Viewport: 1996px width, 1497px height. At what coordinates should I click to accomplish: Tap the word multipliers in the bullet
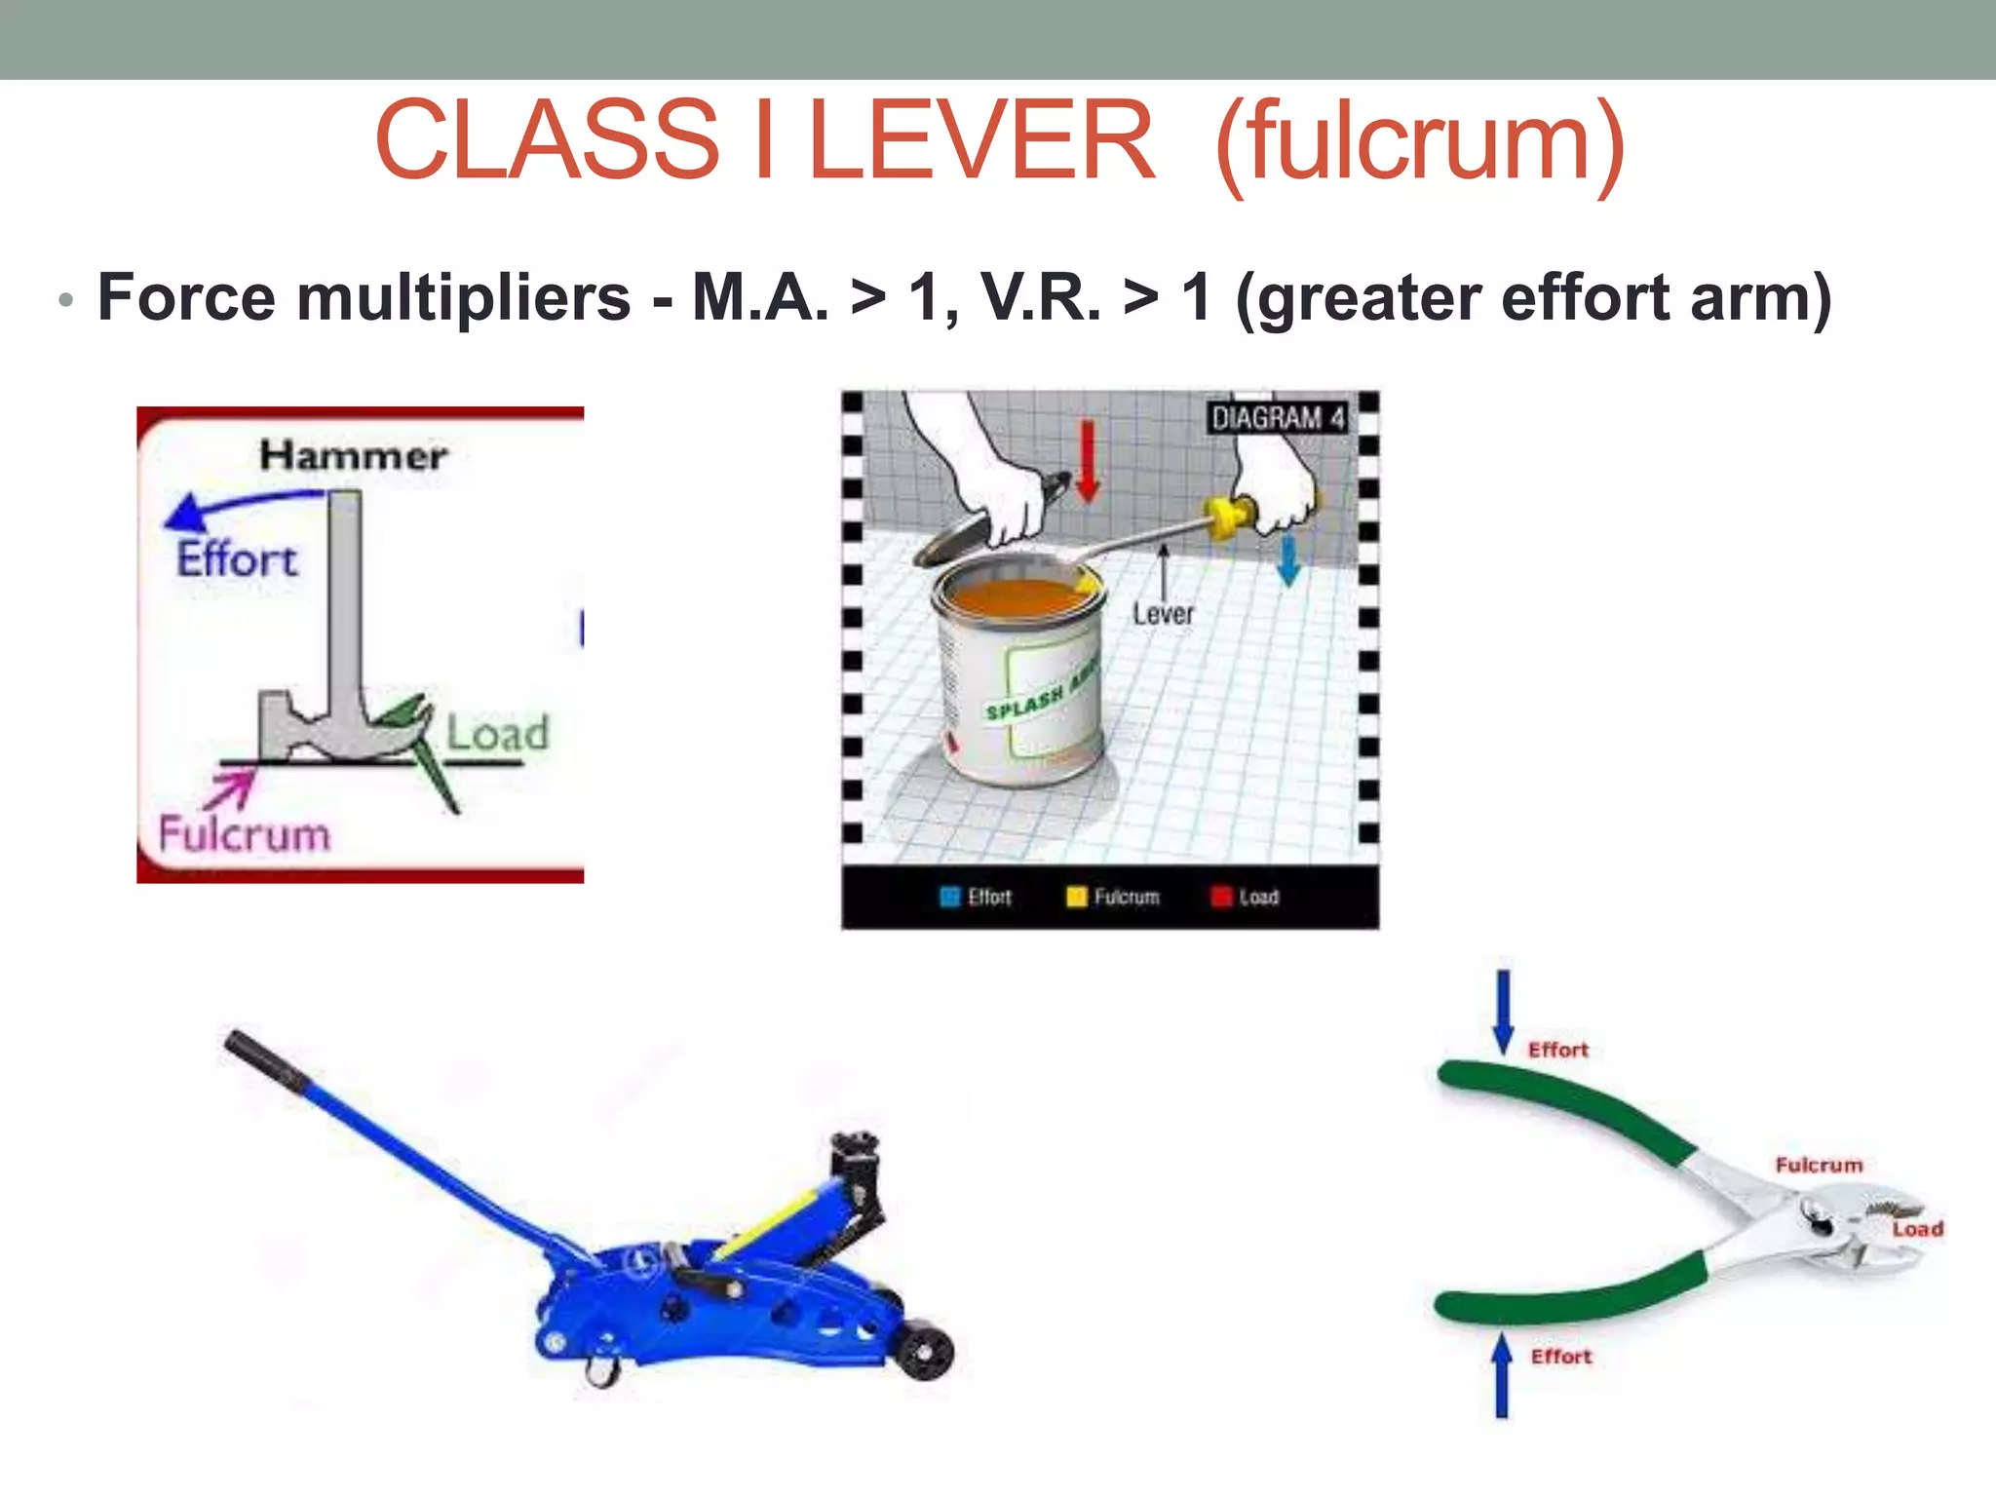coord(464,297)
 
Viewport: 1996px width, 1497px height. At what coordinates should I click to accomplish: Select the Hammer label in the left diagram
coord(353,455)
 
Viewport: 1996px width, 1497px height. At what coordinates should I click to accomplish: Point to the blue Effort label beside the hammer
coord(237,559)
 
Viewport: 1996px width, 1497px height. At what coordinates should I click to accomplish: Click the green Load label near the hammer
coord(497,733)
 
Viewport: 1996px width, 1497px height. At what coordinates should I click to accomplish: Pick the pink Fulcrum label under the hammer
coord(245,835)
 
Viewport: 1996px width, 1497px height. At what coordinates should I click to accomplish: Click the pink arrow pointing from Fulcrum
coord(230,787)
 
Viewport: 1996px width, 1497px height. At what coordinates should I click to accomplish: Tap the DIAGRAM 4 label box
coord(1278,418)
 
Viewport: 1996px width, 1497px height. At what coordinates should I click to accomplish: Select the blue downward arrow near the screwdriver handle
coord(1288,559)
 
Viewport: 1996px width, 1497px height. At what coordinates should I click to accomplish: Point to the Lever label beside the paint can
coord(1163,614)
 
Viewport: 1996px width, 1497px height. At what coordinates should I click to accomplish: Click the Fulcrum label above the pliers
coord(1819,1165)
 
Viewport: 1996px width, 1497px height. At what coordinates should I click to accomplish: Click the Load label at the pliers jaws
coord(1917,1229)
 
